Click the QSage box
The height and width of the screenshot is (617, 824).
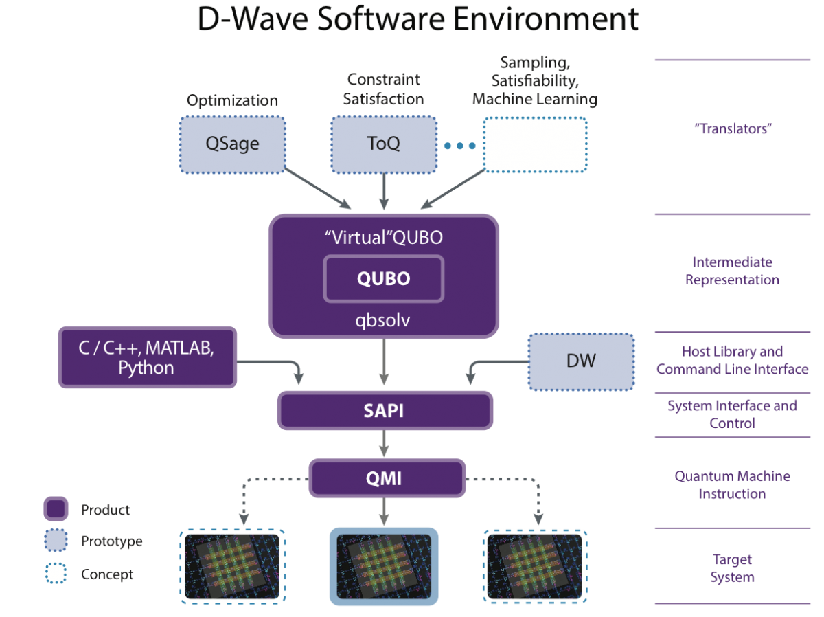232,144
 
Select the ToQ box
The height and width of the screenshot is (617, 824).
383,144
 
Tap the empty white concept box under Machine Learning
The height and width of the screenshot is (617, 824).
535,144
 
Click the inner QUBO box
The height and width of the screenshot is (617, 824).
384,279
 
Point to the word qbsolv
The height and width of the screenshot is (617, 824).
384,319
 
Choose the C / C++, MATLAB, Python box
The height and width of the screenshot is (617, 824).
147,357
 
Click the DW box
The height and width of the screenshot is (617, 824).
581,361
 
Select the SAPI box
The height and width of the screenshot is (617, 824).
385,411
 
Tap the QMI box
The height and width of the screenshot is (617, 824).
386,478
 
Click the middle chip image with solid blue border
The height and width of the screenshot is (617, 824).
384,565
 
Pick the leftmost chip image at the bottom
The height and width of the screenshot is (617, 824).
232,566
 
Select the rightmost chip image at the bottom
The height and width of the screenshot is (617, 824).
535,566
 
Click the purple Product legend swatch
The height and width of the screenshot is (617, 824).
56,510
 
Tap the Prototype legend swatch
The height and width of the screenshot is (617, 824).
56,541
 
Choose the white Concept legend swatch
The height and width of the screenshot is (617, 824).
56,574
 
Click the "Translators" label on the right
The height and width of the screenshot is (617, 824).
732,128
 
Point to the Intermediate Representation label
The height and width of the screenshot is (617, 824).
732,271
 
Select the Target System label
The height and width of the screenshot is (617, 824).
732,568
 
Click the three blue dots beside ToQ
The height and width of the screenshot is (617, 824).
459,146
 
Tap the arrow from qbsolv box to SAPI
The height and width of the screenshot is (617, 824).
384,364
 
